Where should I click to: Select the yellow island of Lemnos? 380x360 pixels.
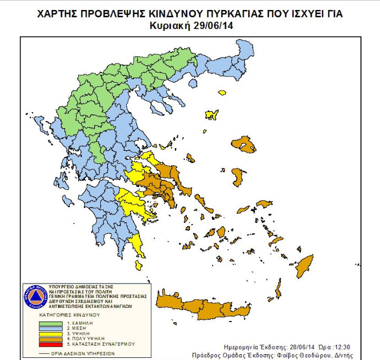click(x=212, y=114)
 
